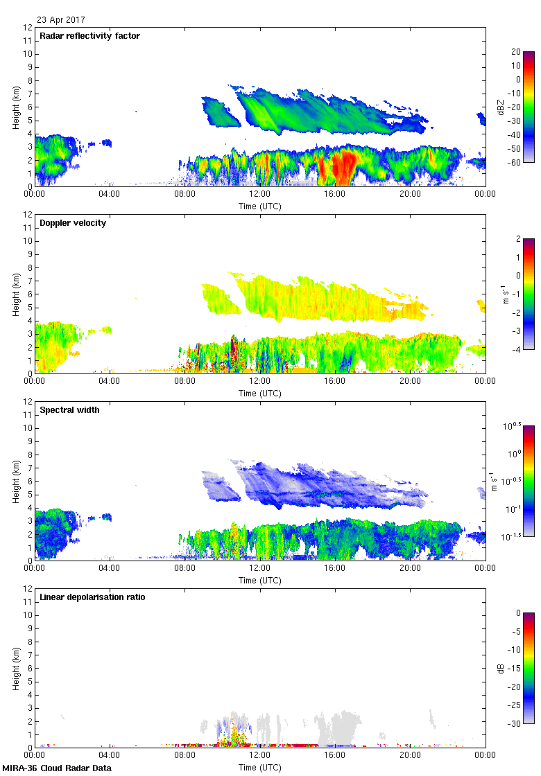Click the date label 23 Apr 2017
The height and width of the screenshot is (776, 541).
tap(61, 20)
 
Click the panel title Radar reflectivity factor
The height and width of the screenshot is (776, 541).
tap(90, 36)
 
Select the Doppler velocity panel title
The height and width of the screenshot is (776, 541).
tap(73, 223)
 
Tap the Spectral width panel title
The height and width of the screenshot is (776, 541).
tap(69, 410)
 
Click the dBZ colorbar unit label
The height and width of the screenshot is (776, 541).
tap(501, 107)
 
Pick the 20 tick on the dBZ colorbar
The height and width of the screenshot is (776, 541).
tap(515, 52)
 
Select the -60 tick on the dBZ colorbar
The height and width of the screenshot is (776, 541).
tap(517, 162)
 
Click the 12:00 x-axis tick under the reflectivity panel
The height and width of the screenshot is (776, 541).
tap(260, 195)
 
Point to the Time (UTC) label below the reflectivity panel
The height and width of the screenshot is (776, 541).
tap(260, 206)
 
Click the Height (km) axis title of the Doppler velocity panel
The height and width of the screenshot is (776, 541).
tap(15, 294)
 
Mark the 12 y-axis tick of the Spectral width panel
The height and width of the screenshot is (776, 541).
tap(28, 401)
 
